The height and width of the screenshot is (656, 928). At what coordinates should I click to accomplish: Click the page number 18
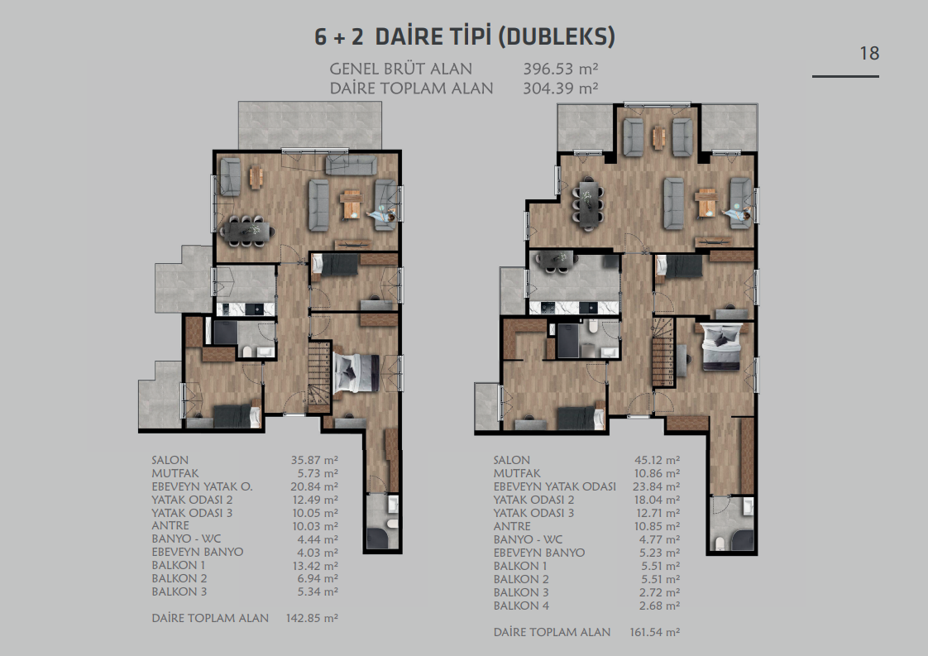pyautogui.click(x=869, y=53)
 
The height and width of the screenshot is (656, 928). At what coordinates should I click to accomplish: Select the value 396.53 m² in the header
pyautogui.click(x=561, y=69)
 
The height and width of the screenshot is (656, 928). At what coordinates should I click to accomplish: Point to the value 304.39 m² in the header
pyautogui.click(x=561, y=89)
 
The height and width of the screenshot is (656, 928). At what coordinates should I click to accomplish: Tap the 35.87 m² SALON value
pyautogui.click(x=314, y=460)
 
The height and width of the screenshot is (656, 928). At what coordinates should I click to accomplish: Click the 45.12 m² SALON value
pyautogui.click(x=657, y=460)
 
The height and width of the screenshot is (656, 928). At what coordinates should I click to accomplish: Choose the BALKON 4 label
pyautogui.click(x=521, y=606)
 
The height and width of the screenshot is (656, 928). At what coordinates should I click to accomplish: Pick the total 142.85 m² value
pyautogui.click(x=312, y=618)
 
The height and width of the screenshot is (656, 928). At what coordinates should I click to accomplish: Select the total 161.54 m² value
pyautogui.click(x=654, y=632)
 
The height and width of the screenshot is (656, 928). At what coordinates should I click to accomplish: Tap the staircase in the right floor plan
pyautogui.click(x=663, y=352)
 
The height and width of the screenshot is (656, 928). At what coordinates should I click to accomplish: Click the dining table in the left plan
pyautogui.click(x=247, y=230)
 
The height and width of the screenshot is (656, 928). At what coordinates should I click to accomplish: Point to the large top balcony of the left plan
pyautogui.click(x=310, y=125)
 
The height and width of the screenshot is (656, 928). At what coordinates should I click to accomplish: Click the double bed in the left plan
pyautogui.click(x=356, y=373)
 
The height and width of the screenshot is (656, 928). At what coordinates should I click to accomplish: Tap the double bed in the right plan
pyautogui.click(x=721, y=347)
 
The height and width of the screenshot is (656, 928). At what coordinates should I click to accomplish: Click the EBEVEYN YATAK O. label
pyautogui.click(x=203, y=486)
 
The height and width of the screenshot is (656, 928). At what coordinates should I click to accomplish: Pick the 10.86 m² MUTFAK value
pyautogui.click(x=657, y=474)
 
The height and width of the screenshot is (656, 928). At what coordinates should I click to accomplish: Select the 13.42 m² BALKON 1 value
pyautogui.click(x=315, y=565)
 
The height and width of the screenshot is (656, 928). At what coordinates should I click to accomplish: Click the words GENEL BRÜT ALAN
pyautogui.click(x=400, y=69)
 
